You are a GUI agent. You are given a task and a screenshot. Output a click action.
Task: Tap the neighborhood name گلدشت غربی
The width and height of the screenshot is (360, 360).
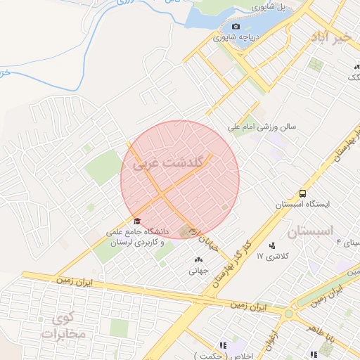(173, 162)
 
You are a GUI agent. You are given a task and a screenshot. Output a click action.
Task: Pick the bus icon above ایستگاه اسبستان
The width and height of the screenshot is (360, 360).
(302, 193)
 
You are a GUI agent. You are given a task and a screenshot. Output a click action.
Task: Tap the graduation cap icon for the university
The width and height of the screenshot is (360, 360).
(136, 219)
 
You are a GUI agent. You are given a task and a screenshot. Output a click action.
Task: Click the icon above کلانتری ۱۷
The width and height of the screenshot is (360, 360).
(272, 245)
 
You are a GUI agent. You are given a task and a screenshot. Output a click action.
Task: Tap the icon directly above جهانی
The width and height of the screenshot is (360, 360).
(197, 260)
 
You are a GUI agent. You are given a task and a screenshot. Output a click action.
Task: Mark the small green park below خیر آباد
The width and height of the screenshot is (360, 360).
(316, 65)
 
